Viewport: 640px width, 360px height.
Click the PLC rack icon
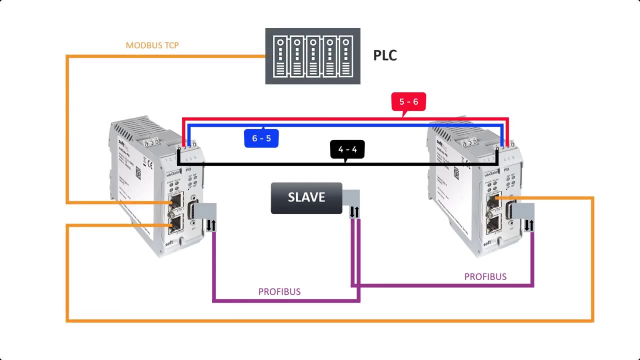(x=312, y=56)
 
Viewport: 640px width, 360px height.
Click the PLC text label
(x=385, y=55)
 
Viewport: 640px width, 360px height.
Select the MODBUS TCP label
(x=152, y=45)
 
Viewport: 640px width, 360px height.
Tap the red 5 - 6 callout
(x=408, y=101)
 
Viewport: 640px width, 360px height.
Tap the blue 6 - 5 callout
(x=261, y=138)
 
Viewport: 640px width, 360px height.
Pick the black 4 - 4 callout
(x=347, y=149)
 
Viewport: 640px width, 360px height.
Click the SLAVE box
(x=306, y=198)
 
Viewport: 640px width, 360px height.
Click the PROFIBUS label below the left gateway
(x=279, y=291)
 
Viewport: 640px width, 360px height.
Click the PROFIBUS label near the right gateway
(x=485, y=276)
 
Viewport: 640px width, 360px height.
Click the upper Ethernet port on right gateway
(x=494, y=201)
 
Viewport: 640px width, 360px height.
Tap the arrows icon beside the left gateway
(x=211, y=225)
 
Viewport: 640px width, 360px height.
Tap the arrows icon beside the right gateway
(x=528, y=225)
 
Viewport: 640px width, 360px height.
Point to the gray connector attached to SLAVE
(x=351, y=197)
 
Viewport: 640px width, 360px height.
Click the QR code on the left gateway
(x=138, y=173)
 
